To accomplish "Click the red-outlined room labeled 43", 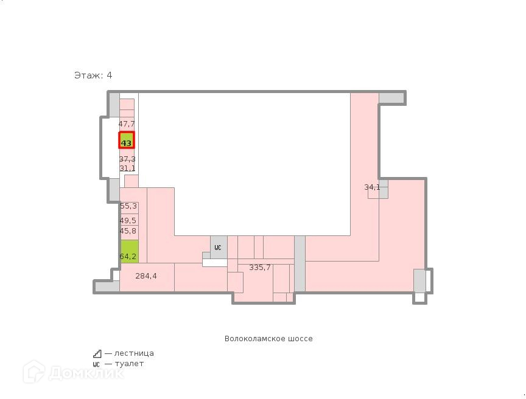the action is [x=126, y=141].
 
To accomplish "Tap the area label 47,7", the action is [x=127, y=124].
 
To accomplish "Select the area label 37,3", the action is [x=127, y=159].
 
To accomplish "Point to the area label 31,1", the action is [x=127, y=168].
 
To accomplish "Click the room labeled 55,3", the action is [x=128, y=207].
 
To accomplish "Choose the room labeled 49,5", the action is [x=128, y=221].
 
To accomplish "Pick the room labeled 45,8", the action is [x=128, y=232].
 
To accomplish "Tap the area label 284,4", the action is [x=146, y=276].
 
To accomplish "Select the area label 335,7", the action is [x=260, y=268].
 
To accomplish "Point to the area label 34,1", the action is [x=373, y=187].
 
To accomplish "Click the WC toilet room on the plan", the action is [x=219, y=247].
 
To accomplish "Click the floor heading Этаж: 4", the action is [x=93, y=75].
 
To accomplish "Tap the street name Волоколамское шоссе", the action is [x=268, y=339].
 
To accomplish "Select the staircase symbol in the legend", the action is [x=97, y=353].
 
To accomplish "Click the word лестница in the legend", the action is [x=133, y=353].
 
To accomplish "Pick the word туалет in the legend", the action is [x=128, y=364].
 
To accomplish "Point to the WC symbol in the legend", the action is [x=97, y=364].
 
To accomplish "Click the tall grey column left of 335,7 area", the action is [x=300, y=263].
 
